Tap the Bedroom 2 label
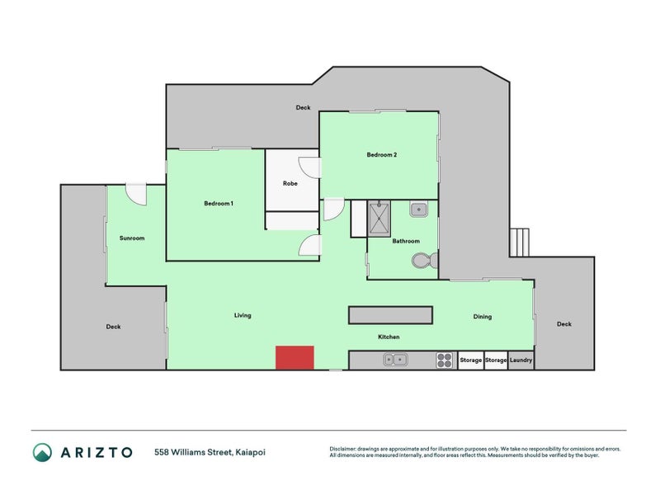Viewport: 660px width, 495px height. (x=382, y=154)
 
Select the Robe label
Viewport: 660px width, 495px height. (x=290, y=183)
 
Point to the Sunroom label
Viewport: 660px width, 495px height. (x=132, y=238)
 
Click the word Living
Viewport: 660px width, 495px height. (x=243, y=315)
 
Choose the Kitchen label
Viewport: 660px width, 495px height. (x=389, y=337)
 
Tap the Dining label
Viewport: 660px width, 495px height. (x=483, y=316)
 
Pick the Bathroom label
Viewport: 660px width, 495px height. (x=406, y=241)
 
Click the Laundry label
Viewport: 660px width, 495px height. (x=521, y=361)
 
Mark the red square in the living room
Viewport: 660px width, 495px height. (x=295, y=358)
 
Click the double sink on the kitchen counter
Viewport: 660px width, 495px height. (x=394, y=360)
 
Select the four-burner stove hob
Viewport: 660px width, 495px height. (x=444, y=360)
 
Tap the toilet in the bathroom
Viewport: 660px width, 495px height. (x=422, y=262)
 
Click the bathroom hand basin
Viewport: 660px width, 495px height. (x=419, y=210)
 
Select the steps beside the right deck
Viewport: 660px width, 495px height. (x=520, y=242)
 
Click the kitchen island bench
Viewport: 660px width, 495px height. (x=390, y=315)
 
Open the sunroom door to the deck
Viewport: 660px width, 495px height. (x=135, y=194)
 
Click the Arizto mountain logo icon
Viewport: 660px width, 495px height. (x=42, y=452)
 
